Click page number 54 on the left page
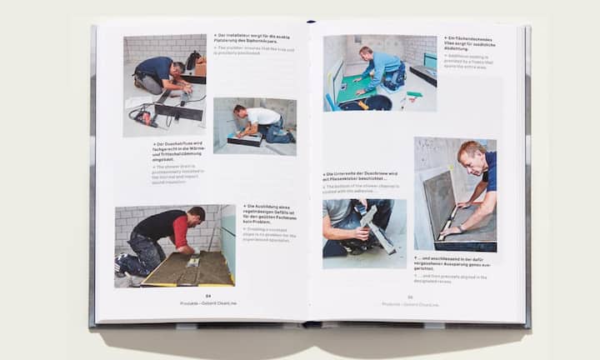coord(208,295)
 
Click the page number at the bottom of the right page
coord(410,297)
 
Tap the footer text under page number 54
coord(207,303)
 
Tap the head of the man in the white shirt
coord(241,111)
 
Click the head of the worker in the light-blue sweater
coord(366,52)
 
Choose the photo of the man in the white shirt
coord(254,126)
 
